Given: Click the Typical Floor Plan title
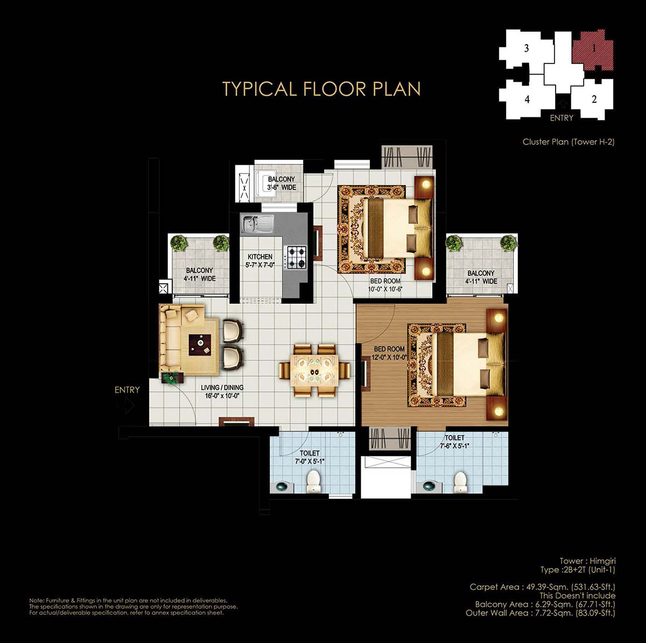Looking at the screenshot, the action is [321, 89].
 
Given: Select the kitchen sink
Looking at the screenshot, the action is [257, 223].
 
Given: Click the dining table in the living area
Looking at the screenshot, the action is [314, 371].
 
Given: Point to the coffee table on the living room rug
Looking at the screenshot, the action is [200, 345].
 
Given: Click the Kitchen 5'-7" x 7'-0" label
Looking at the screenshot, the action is [260, 261].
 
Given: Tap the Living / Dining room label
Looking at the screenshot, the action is [222, 392].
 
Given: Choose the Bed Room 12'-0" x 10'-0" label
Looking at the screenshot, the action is [389, 353].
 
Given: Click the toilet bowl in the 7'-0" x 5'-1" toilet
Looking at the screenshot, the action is [313, 481].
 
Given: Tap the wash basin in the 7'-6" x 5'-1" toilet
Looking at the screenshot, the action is [429, 485].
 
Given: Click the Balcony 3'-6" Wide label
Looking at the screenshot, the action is [282, 183].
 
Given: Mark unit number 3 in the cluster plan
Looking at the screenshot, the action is [526, 48].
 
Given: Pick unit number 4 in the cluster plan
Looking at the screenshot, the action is [527, 99].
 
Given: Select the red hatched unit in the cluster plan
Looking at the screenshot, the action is [593, 50].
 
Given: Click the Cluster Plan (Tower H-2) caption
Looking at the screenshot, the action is [568, 142].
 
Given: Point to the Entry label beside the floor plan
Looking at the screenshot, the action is [127, 390].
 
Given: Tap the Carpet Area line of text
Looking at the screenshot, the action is [543, 587].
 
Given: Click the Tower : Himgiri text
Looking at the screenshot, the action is [587, 561].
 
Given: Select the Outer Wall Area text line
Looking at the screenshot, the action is [540, 613].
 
